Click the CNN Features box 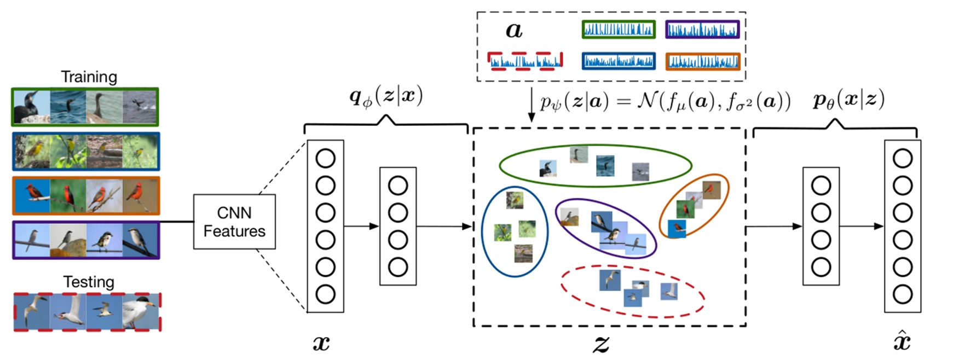234,222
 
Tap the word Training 89,77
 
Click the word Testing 89,282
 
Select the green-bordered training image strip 85,107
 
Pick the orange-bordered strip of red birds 86,195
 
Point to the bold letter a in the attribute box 513,31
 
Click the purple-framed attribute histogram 702,30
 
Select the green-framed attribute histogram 618,30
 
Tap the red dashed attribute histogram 525,61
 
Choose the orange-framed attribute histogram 703,61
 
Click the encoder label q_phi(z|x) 386,97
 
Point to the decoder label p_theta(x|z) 848,100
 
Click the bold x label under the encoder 321,343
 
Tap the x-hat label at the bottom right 902,342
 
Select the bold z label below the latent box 600,344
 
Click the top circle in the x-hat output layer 903,159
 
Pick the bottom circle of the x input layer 325,294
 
